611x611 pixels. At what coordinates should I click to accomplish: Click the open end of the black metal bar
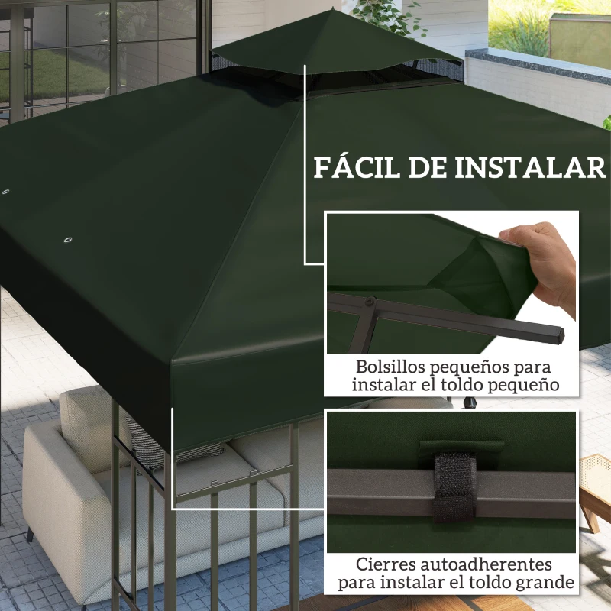558,335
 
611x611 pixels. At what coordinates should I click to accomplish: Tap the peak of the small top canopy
333,10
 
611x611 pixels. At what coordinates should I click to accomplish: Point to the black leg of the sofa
30,532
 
